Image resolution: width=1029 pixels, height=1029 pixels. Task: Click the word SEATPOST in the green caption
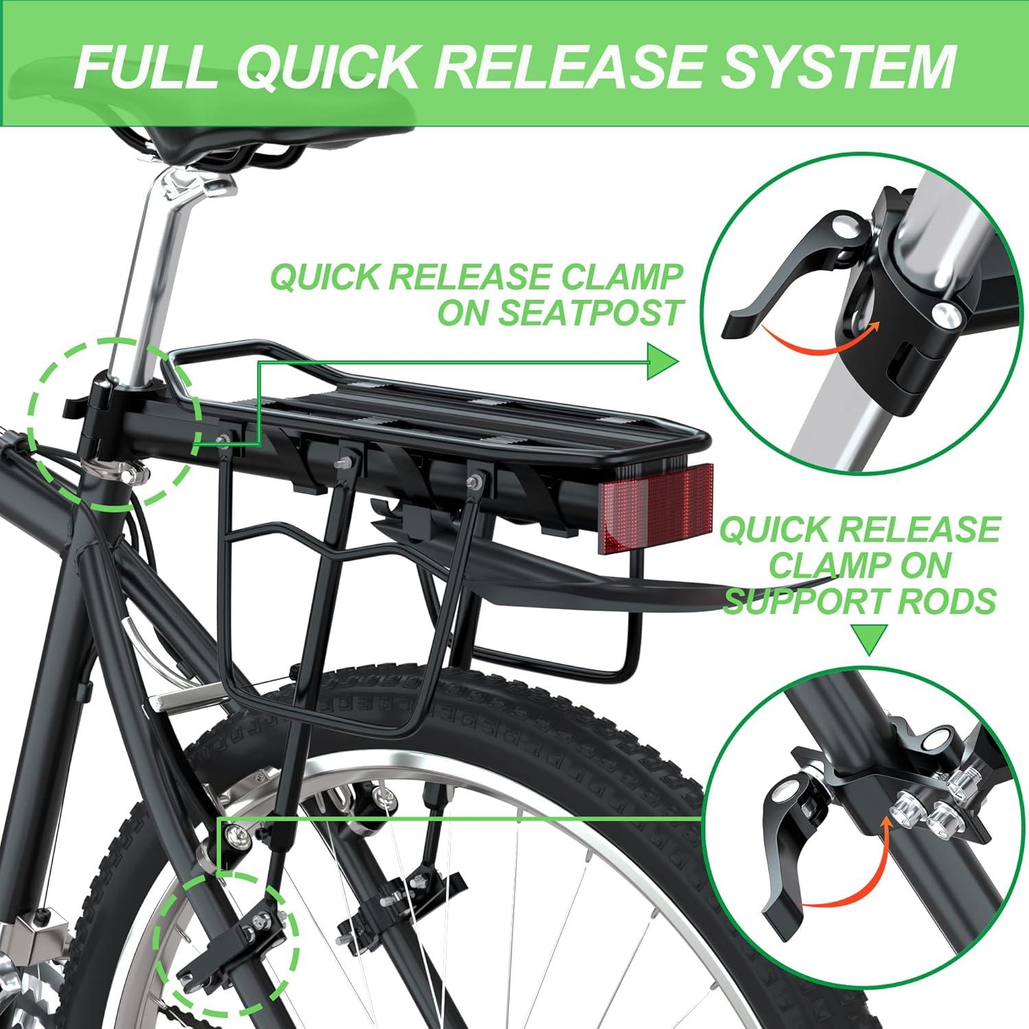click(561, 312)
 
